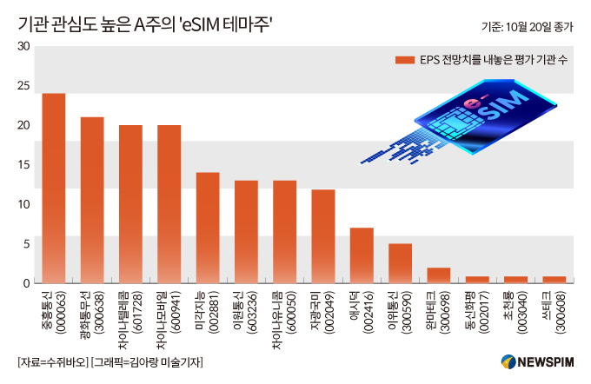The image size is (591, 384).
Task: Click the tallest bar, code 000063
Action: tap(54, 188)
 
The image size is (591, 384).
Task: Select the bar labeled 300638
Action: tap(92, 200)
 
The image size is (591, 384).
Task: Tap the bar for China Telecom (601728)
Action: tap(130, 204)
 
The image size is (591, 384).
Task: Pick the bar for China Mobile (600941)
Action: tap(169, 204)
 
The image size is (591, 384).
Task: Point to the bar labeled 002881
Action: tap(208, 228)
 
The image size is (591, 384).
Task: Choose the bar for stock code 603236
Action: tap(246, 232)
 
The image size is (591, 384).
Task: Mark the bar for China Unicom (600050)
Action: tap(284, 232)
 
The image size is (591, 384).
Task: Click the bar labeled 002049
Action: tap(323, 236)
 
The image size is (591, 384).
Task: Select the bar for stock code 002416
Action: tap(362, 255)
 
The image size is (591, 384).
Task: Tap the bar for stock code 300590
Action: tap(400, 263)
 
